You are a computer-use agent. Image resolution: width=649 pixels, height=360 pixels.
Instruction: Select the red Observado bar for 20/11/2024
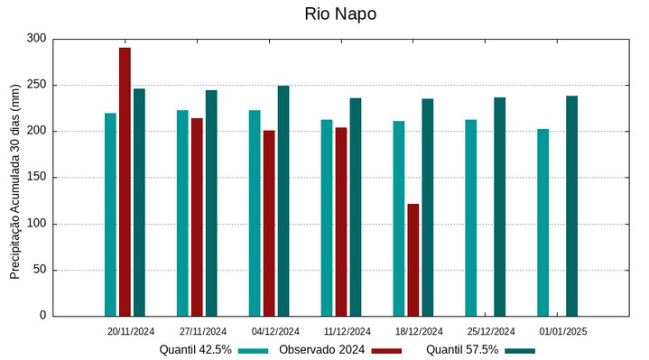125,181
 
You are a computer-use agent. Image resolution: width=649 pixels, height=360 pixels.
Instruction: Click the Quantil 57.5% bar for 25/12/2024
499,207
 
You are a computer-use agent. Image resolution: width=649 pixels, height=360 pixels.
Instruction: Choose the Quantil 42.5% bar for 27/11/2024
182,213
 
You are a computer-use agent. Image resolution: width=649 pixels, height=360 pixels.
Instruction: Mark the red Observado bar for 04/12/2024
269,223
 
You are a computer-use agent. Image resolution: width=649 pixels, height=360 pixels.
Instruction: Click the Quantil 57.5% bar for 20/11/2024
139,202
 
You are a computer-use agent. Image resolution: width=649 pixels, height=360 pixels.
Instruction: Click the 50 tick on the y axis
39,270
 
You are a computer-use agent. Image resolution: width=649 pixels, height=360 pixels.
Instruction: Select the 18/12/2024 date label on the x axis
419,332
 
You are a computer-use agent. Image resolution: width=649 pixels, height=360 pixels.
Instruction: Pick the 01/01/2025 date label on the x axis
563,332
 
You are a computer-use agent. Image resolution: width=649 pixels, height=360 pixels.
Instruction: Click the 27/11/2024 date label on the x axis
203,332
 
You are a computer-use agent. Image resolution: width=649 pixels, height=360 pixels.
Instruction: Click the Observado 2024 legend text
321,350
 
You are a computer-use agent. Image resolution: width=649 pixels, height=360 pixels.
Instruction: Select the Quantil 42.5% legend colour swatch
254,351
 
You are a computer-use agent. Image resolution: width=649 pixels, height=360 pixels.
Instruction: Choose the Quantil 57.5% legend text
462,350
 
